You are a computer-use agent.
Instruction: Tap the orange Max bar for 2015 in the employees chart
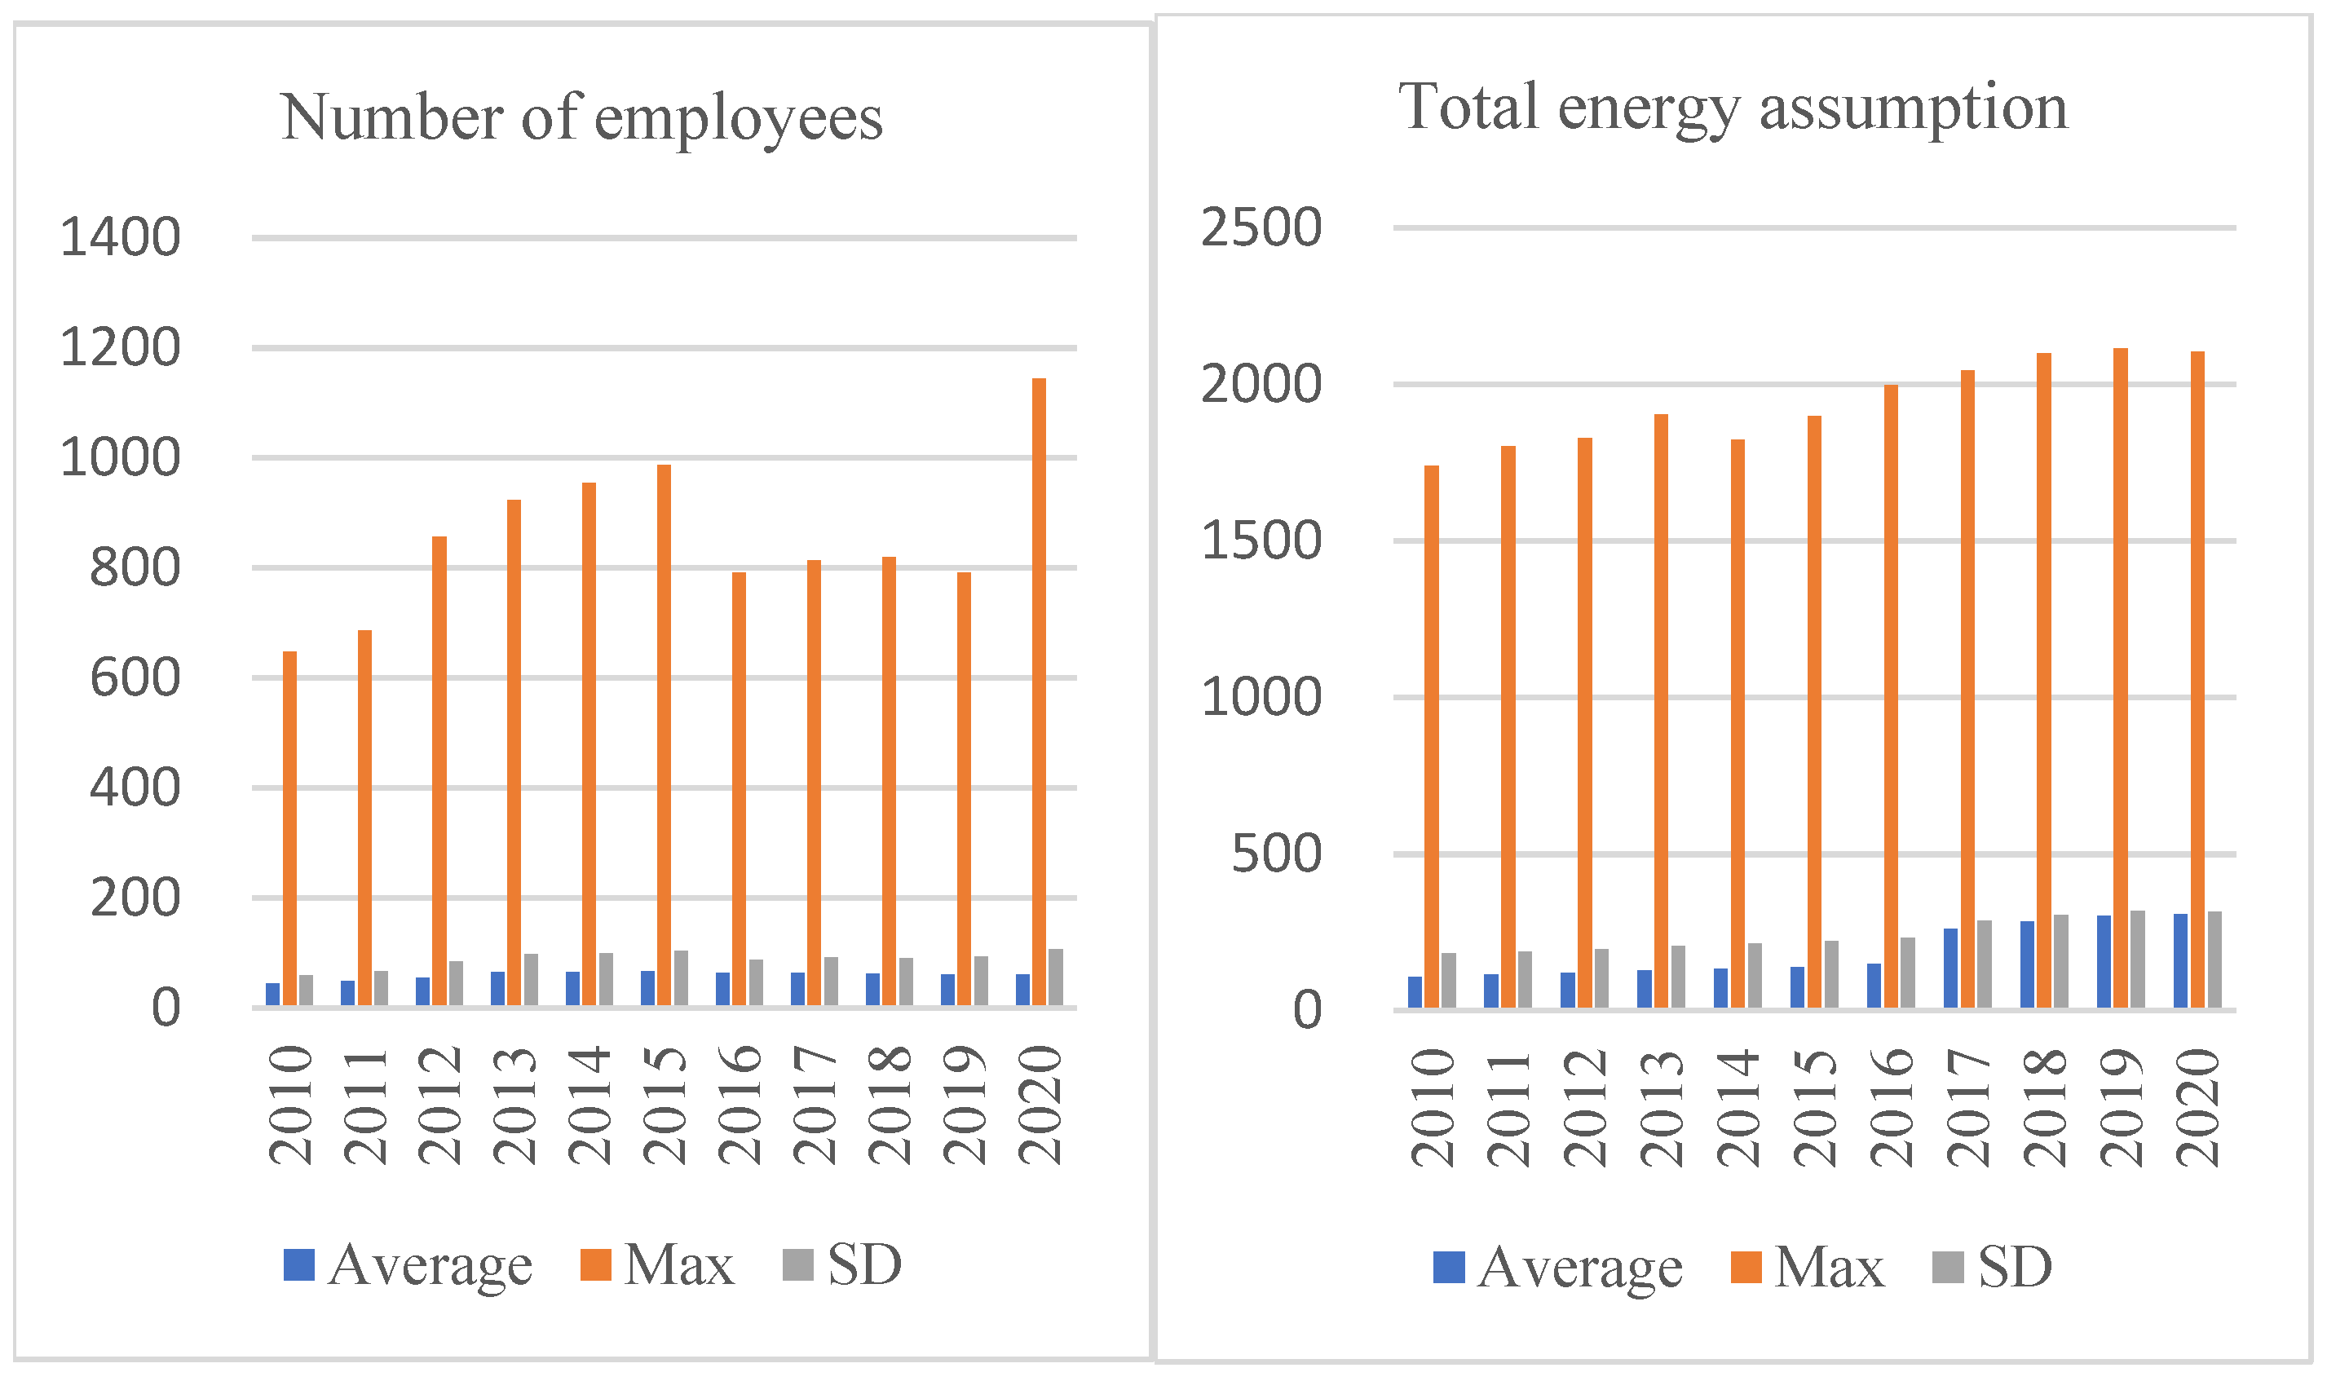664,735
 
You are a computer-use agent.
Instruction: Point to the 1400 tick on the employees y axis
120,237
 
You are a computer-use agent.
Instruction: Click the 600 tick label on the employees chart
134,677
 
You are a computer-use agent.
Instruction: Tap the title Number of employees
581,117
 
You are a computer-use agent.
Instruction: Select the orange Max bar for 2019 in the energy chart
2121,677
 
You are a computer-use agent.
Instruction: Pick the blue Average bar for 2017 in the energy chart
1950,968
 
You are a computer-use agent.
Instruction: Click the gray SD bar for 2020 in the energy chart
2214,959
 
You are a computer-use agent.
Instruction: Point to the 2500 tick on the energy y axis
1261,227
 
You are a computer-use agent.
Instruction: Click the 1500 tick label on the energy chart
1261,540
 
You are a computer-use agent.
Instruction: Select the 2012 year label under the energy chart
1584,1107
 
